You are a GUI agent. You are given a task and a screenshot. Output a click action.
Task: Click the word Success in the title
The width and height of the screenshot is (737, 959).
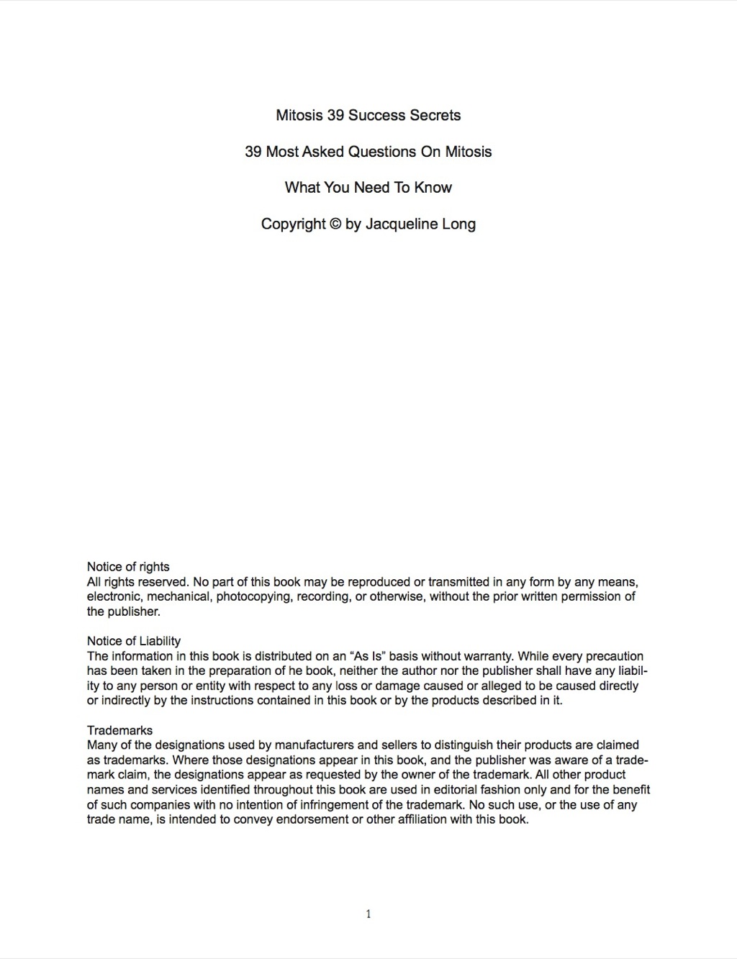coord(376,115)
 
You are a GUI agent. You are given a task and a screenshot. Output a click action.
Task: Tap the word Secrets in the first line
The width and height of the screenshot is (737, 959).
coord(435,115)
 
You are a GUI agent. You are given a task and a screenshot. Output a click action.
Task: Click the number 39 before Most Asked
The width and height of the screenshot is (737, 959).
coord(253,152)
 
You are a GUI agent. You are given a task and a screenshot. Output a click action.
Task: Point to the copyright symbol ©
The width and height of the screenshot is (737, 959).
coord(335,224)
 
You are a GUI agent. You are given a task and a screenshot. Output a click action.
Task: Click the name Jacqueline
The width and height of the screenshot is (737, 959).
coord(401,224)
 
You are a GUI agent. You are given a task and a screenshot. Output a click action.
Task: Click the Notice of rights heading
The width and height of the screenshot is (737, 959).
coord(128,567)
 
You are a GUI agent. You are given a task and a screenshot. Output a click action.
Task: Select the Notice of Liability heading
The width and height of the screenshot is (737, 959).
coord(134,641)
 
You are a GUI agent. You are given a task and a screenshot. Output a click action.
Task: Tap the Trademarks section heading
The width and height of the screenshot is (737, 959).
coord(119,730)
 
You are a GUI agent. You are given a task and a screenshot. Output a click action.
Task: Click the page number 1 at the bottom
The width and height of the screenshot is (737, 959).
coord(368,914)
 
